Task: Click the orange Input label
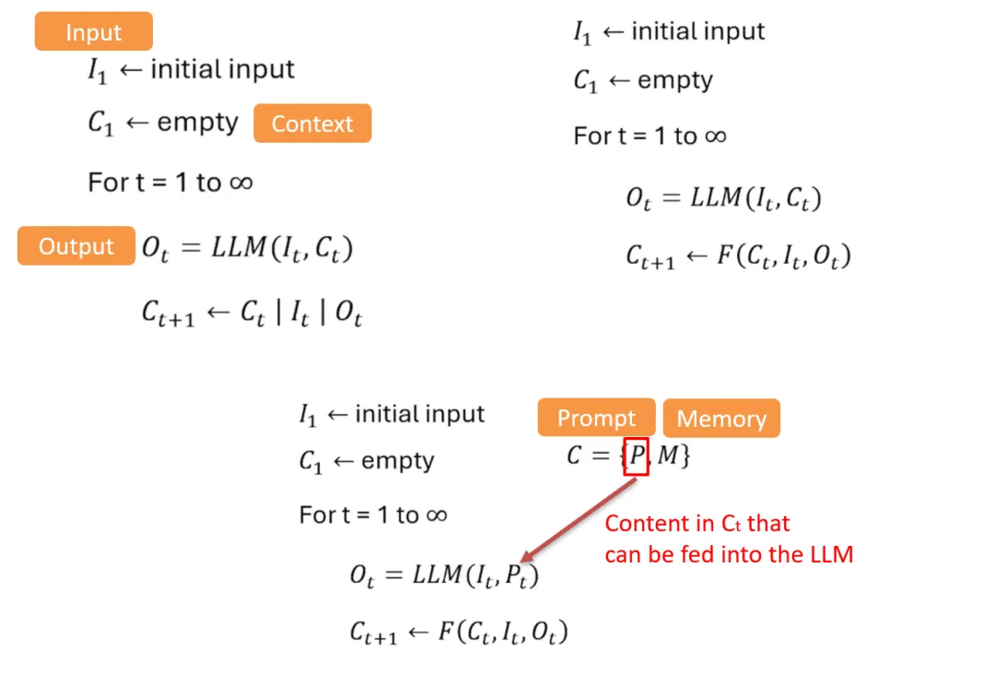click(93, 33)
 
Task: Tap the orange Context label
click(311, 124)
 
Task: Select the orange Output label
click(76, 246)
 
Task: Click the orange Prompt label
click(596, 419)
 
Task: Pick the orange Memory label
click(721, 419)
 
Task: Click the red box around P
click(637, 455)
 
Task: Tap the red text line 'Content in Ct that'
click(697, 524)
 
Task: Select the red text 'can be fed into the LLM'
click(729, 555)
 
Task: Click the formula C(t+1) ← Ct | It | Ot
click(252, 314)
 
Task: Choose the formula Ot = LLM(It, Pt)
click(444, 576)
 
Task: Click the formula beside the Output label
click(247, 249)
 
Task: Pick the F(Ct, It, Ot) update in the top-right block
click(738, 256)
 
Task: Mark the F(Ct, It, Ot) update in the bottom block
click(459, 633)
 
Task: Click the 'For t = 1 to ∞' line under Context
click(170, 183)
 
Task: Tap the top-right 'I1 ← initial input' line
click(669, 32)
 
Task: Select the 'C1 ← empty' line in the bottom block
click(367, 461)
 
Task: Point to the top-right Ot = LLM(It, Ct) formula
click(723, 198)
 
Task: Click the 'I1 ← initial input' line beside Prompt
click(392, 415)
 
